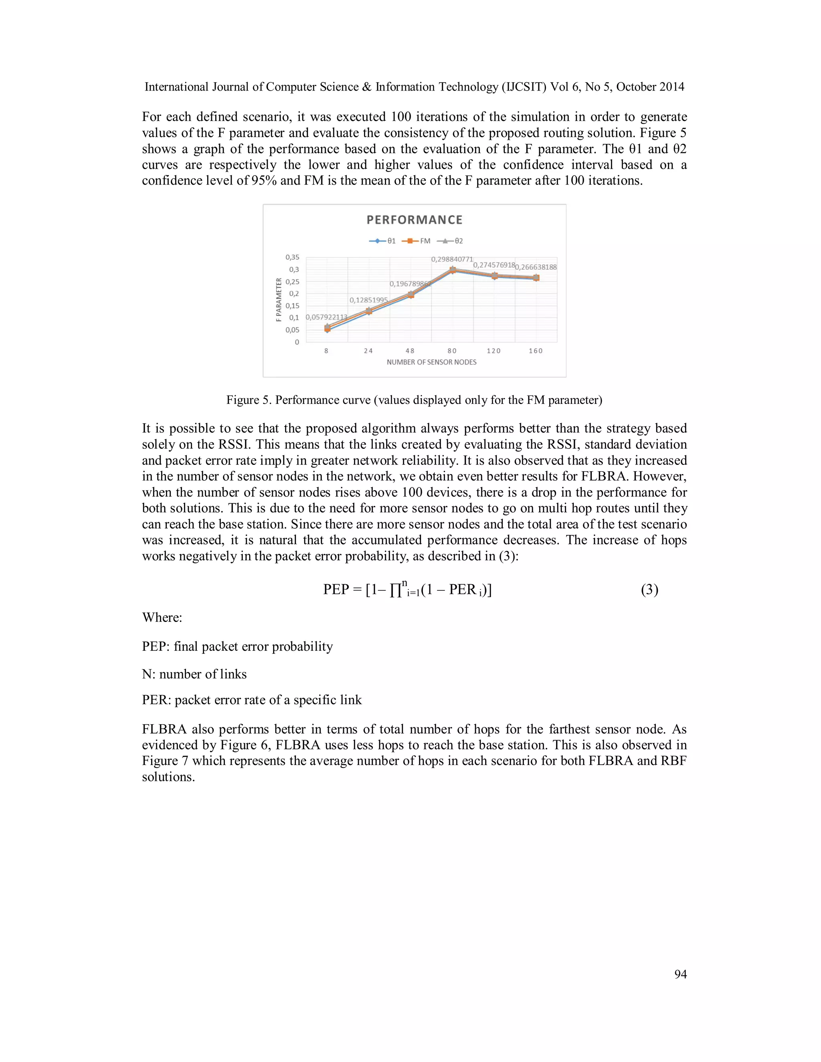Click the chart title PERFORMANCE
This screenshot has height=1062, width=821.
coord(415,220)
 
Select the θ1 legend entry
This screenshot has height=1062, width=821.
coord(382,241)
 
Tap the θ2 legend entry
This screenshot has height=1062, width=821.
coord(450,241)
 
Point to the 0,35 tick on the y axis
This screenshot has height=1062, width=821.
coord(292,257)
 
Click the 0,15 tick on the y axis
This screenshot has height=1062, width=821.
coord(292,306)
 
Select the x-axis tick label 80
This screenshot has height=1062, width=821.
coord(452,351)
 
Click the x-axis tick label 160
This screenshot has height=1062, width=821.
coord(536,351)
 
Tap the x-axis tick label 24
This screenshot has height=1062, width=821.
coord(368,351)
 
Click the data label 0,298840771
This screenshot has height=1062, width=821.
coord(452,259)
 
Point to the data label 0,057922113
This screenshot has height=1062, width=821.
coord(326,317)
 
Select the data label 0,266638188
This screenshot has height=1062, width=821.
coord(536,267)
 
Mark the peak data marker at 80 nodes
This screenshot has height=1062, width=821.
coord(452,270)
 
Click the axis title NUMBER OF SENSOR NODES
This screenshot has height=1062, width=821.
coord(431,362)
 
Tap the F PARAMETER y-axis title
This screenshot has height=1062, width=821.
coord(279,299)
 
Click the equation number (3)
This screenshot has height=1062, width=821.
coord(649,590)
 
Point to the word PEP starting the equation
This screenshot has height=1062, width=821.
coord(336,590)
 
